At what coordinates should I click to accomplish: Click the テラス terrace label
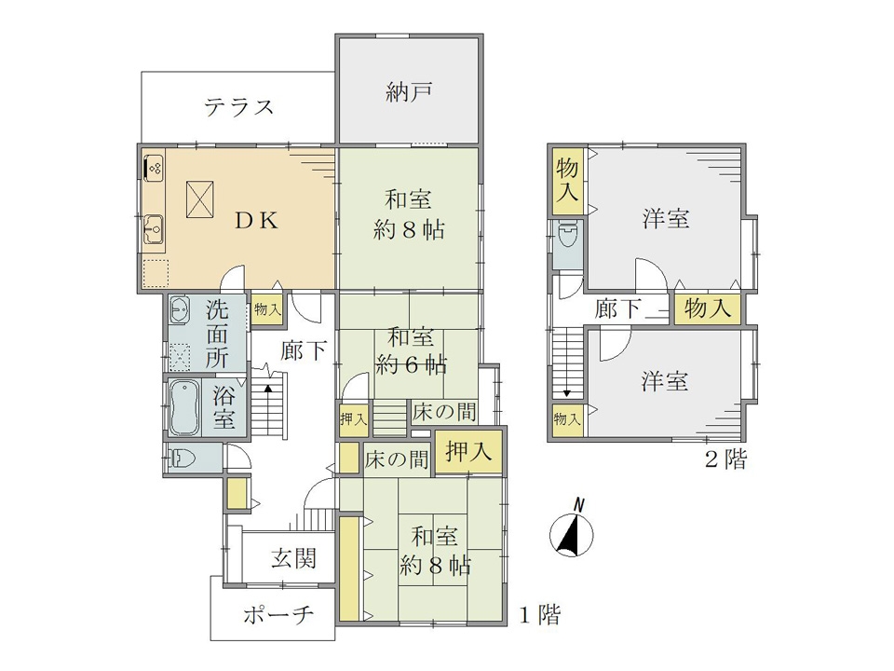(239, 106)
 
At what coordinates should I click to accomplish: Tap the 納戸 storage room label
(409, 92)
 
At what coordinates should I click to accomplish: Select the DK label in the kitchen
(257, 220)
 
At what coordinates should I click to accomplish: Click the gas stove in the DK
(153, 168)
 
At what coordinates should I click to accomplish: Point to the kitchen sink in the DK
(153, 229)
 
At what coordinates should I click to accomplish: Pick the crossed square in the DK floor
(200, 199)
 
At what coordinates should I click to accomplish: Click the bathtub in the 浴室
(184, 407)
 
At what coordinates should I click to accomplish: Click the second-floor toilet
(567, 234)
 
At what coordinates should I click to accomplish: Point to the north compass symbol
(571, 530)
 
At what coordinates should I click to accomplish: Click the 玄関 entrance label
(293, 558)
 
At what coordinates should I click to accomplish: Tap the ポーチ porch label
(279, 614)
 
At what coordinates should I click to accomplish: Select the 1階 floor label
(539, 614)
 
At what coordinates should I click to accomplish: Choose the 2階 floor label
(725, 459)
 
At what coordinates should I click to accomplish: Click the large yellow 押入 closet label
(468, 451)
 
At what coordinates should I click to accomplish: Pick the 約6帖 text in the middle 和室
(411, 364)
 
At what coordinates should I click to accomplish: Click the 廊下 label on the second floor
(617, 308)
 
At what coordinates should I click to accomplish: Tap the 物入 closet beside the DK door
(267, 309)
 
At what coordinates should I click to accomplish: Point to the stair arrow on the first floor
(268, 388)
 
